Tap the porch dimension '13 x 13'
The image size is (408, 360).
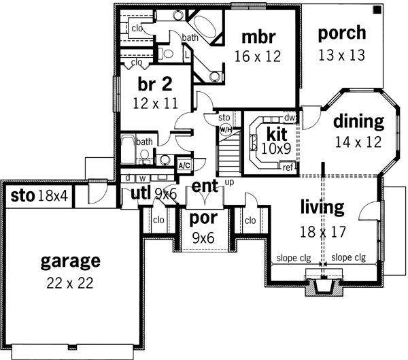(341, 52)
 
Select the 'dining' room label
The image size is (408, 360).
(359, 122)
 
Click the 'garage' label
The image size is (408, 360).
(70, 260)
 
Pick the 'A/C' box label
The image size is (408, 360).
(183, 165)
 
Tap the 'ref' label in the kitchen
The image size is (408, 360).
(288, 167)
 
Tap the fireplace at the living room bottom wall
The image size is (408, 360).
(323, 285)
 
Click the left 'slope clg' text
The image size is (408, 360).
(294, 259)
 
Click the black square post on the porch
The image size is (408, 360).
(376, 10)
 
